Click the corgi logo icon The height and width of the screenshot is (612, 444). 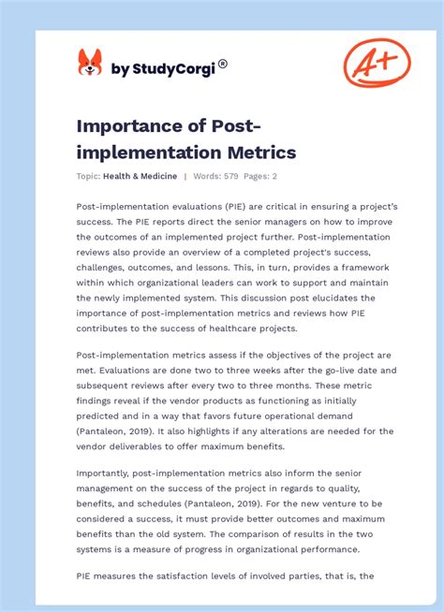pos(90,64)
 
